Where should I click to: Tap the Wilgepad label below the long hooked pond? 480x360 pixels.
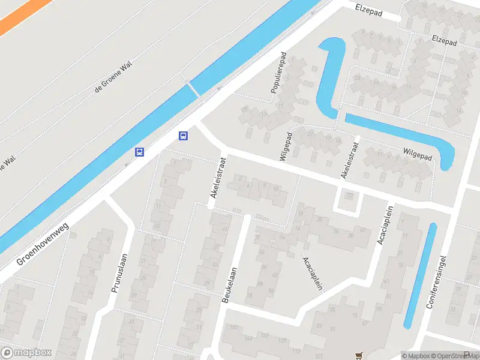click(x=418, y=154)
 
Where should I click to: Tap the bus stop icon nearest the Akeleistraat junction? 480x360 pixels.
click(x=184, y=136)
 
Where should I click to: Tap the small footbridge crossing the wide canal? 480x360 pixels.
click(x=193, y=89)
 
